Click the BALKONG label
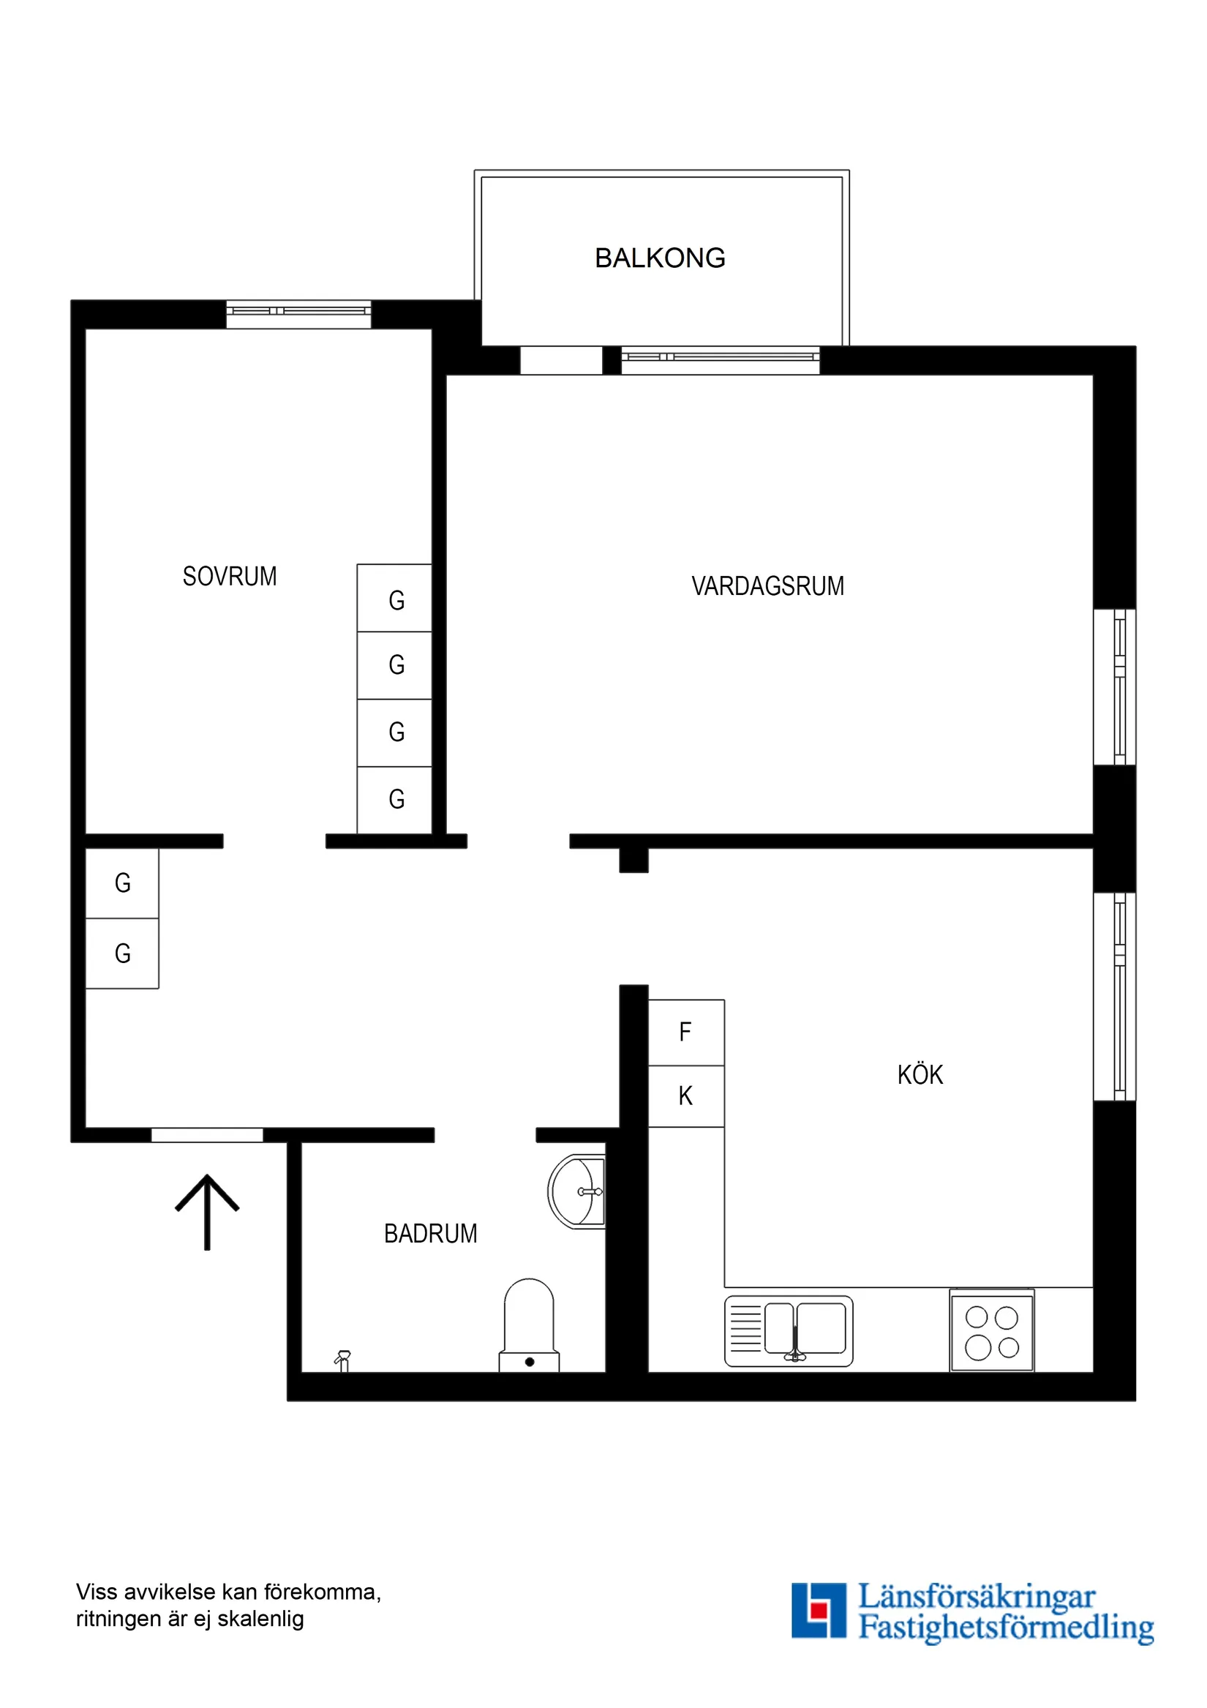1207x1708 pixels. [660, 258]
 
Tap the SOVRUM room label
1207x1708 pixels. [230, 577]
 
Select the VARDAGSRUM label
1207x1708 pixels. [767, 586]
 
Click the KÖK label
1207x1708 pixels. [920, 1075]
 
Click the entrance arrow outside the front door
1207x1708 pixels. [207, 1212]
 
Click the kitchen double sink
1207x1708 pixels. [789, 1331]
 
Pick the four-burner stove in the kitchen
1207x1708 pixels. [991, 1332]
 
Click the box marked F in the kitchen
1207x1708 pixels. [685, 1032]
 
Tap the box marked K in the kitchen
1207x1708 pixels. [685, 1095]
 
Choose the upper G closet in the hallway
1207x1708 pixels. [123, 883]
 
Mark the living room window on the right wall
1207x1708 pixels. [1114, 686]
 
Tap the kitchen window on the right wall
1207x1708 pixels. [1114, 996]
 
